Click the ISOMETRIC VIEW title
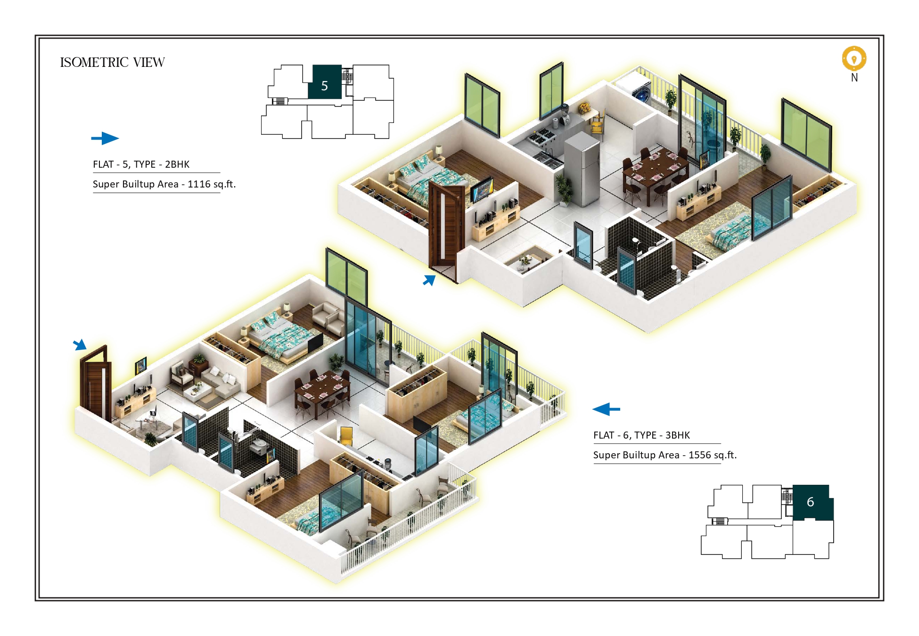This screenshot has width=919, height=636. click(x=112, y=62)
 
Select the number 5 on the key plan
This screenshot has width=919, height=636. click(x=324, y=86)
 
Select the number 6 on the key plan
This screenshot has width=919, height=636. click(x=810, y=502)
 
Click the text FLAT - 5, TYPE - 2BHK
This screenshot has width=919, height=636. click(x=141, y=164)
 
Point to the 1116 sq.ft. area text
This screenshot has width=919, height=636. click(x=212, y=184)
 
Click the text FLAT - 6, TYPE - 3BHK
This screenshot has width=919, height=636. click(x=641, y=435)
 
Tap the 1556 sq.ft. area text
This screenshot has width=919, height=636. click(x=713, y=455)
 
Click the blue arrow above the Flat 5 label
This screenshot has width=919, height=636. click(x=105, y=138)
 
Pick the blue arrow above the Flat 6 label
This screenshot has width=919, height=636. click(x=606, y=409)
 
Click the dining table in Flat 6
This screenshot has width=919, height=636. click(x=322, y=390)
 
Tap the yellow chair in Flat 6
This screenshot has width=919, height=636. click(x=346, y=435)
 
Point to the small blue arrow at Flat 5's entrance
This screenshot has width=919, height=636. click(x=429, y=280)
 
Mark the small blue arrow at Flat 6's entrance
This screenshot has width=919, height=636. click(x=80, y=344)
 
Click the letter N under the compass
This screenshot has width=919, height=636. click(x=854, y=77)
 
